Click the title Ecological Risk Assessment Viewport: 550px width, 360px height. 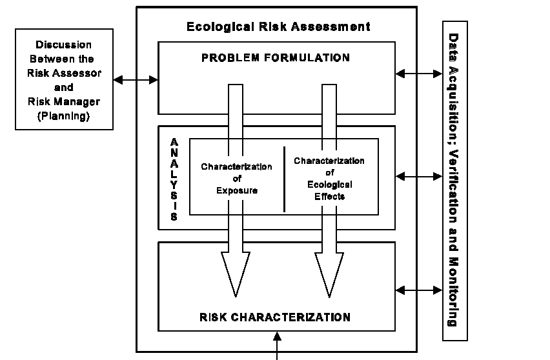(x=278, y=26)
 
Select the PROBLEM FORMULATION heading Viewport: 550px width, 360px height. (x=276, y=58)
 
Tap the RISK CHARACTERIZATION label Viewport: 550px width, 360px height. (x=276, y=317)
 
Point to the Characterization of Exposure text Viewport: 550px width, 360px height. (x=236, y=179)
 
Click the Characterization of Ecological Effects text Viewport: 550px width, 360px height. (x=329, y=178)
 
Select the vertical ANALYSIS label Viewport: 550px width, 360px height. (x=174, y=179)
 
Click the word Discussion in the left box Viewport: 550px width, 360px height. (x=63, y=45)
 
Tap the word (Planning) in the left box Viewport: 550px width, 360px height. (x=63, y=117)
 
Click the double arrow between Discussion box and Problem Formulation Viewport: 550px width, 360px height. (x=136, y=80)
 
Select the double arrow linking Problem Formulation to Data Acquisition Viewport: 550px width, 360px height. (x=419, y=74)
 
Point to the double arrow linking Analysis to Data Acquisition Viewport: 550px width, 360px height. (x=419, y=175)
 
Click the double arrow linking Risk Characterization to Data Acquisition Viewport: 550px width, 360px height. (x=419, y=291)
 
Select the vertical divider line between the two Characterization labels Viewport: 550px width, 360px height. (x=285, y=179)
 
